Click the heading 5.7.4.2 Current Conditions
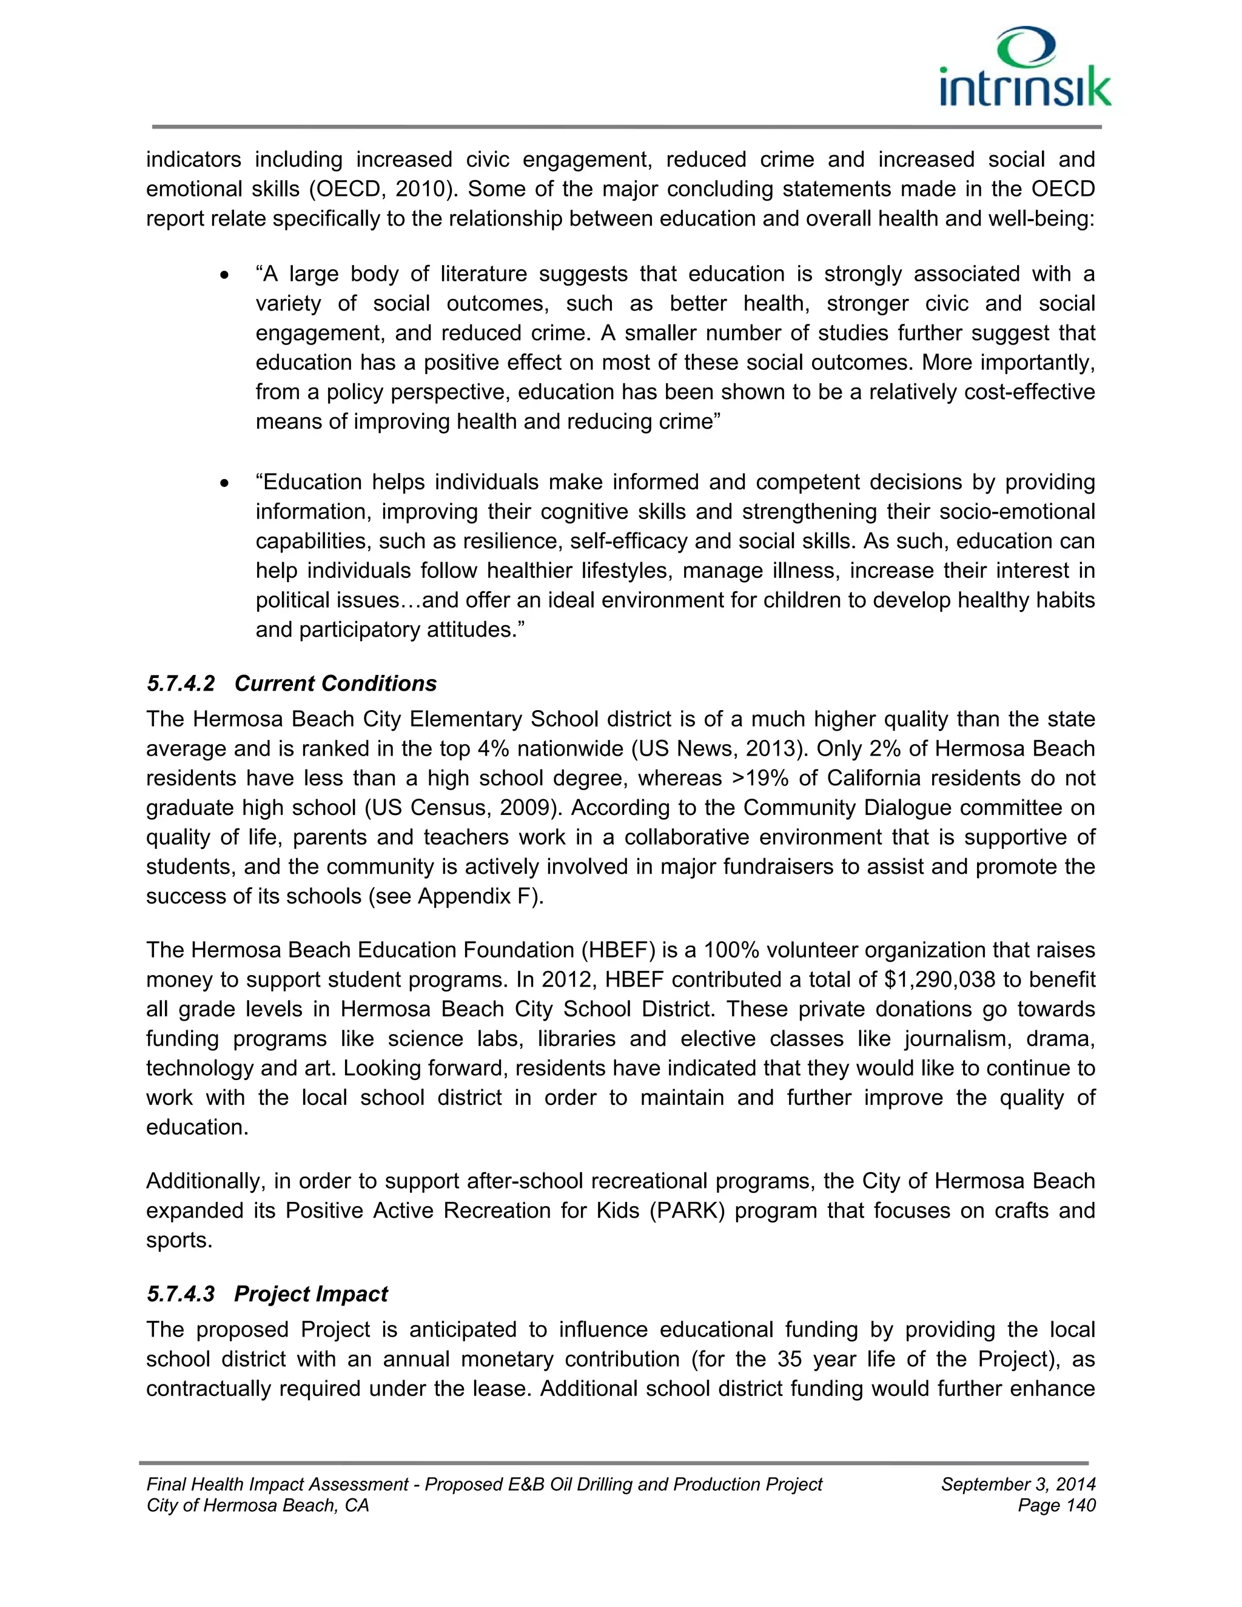tap(291, 683)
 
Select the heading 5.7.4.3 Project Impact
tap(267, 1294)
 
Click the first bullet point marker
tap(225, 275)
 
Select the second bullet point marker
tap(225, 483)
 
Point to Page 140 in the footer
tap(1056, 1506)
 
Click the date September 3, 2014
tap(1018, 1484)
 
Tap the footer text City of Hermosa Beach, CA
tap(258, 1506)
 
